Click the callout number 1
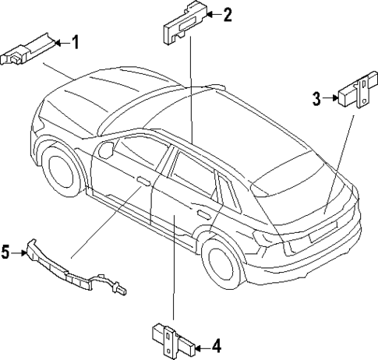76,43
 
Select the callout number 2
227,14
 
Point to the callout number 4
216,344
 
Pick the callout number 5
5,252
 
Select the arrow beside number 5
19,252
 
